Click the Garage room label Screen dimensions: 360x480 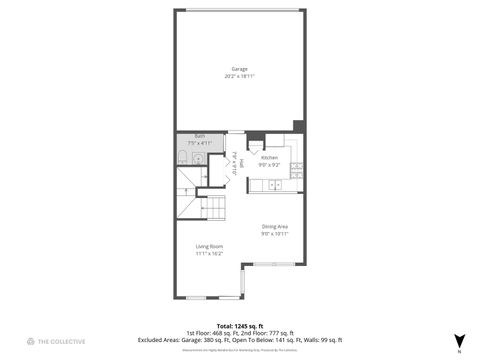pos(240,68)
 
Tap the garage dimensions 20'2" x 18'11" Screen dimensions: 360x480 pos(240,75)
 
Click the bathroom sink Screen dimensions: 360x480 pos(199,158)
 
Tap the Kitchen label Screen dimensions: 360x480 pos(269,158)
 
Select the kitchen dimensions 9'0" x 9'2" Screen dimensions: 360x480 pos(269,165)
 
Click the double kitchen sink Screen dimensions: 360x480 pos(273,184)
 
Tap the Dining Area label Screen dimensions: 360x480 pos(275,226)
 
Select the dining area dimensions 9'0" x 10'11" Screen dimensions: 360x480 pos(275,233)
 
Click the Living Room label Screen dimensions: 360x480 pos(209,246)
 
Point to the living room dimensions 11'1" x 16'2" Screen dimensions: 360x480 pos(209,253)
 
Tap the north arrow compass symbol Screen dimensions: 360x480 pos(459,341)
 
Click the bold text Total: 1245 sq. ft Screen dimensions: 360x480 pos(240,325)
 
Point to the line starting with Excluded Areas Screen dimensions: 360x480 pos(240,340)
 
